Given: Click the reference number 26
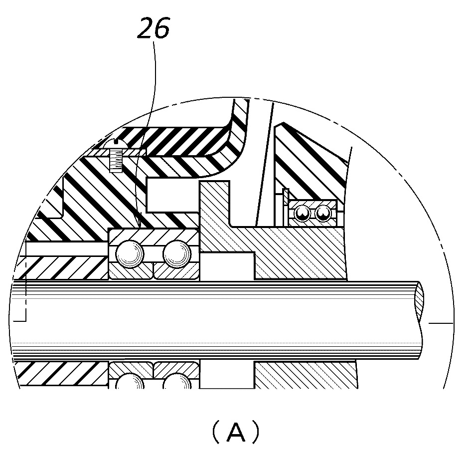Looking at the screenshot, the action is pos(154,28).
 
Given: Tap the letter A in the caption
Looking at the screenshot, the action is pos(236,432).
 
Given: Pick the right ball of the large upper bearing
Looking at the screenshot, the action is pos(177,254).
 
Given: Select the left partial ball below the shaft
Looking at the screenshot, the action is pos(130,381).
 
